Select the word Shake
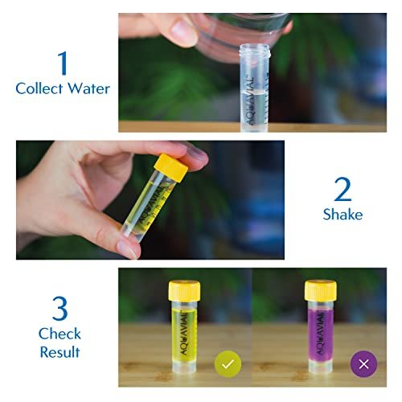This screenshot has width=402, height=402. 343,215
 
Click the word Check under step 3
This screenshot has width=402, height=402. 59,333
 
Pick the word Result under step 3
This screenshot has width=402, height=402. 59,351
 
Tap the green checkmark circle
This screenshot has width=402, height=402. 228,364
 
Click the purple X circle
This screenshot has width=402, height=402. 363,364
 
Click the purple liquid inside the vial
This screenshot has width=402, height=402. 320,338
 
